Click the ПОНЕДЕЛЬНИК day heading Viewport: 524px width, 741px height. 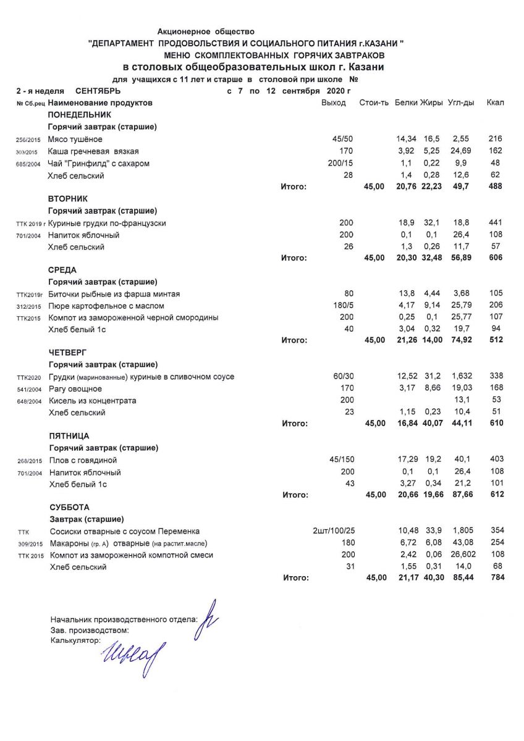pyautogui.click(x=79, y=115)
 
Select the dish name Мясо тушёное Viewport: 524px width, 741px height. pyautogui.click(x=75, y=140)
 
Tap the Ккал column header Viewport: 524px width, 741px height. pyautogui.click(x=495, y=103)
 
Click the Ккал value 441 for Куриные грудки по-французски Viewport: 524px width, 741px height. pyautogui.click(x=496, y=223)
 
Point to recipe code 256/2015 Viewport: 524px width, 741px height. pyautogui.click(x=27, y=140)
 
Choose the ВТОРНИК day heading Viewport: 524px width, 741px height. pyautogui.click(x=68, y=199)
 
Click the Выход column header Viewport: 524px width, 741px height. pyautogui.click(x=334, y=103)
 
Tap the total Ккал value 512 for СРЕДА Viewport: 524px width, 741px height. pyautogui.click(x=496, y=340)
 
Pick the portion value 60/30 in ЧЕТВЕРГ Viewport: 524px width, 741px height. pyautogui.click(x=343, y=377)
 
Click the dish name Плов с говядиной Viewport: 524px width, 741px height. pyautogui.click(x=83, y=460)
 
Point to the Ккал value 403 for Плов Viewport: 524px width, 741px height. pyautogui.click(x=496, y=459)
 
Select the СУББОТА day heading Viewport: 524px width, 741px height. pyautogui.click(x=69, y=507)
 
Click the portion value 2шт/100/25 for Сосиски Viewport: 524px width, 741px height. pyautogui.click(x=334, y=531)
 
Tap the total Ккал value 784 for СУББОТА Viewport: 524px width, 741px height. pyautogui.click(x=496, y=578)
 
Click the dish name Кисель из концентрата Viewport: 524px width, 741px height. pyautogui.click(x=93, y=401)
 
